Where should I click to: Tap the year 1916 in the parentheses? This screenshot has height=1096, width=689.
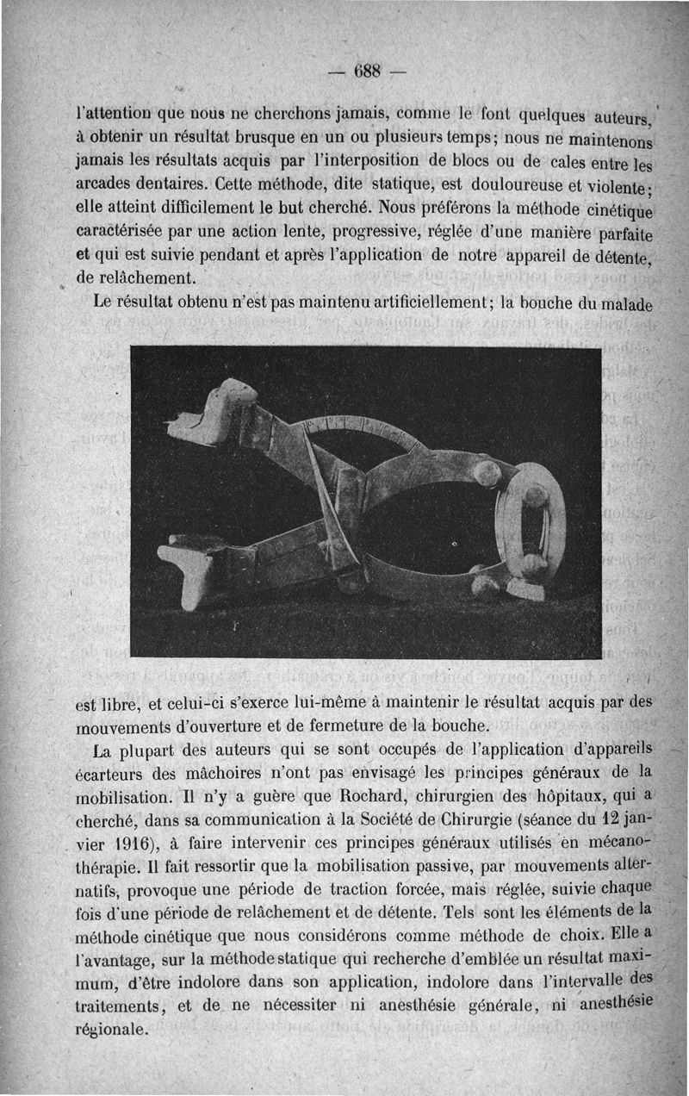[x=115, y=838]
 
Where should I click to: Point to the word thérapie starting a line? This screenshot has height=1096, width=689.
[x=107, y=862]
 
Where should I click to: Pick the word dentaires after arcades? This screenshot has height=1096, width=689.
[x=163, y=184]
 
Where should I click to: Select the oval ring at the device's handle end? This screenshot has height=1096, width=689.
[x=533, y=521]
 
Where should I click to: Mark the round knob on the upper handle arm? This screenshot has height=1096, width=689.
[x=487, y=472]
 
